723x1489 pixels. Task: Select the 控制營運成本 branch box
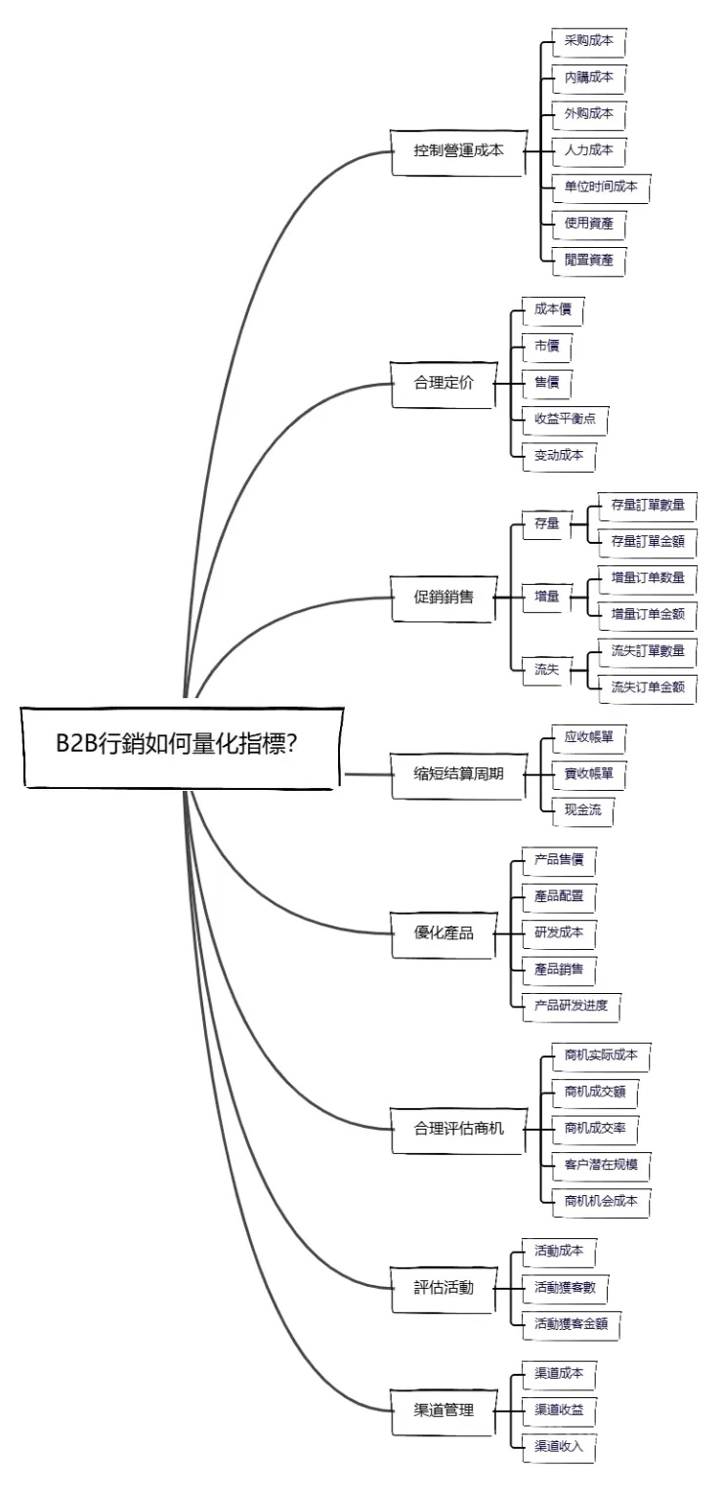click(457, 151)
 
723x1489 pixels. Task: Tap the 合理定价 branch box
click(444, 383)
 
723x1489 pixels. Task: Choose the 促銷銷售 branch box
click(444, 596)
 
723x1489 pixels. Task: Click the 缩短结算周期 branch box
click(457, 773)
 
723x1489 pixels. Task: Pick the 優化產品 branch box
click(444, 932)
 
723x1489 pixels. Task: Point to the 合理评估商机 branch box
click(457, 1129)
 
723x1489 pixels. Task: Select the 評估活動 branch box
click(444, 1288)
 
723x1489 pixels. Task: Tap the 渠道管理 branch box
click(444, 1410)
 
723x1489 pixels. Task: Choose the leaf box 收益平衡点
click(565, 418)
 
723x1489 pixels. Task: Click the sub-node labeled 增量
click(547, 596)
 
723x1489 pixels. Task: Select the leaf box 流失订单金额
click(648, 687)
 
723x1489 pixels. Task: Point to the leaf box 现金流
click(582, 810)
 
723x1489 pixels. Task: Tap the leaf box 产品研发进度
click(572, 1006)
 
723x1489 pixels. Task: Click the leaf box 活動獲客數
click(565, 1288)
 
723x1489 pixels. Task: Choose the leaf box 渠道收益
click(559, 1410)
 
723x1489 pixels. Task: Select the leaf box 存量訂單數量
click(648, 505)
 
